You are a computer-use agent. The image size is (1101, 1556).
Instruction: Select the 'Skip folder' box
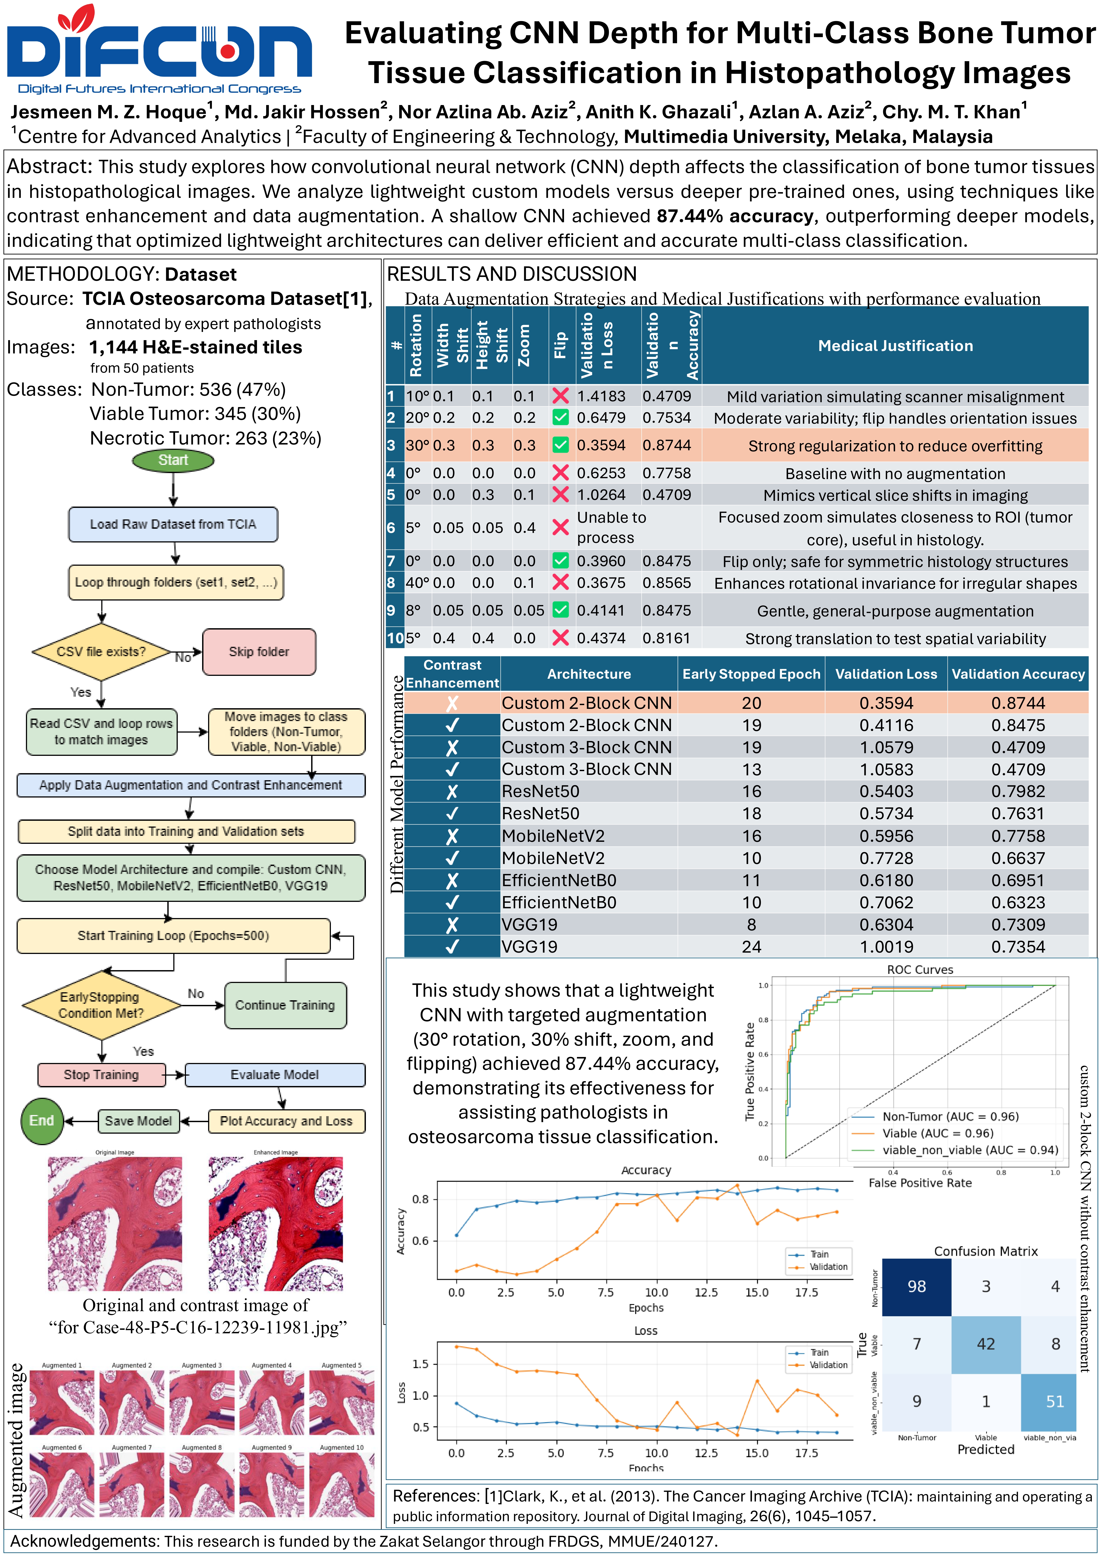point(259,651)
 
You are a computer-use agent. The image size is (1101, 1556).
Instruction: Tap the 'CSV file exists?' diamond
point(101,651)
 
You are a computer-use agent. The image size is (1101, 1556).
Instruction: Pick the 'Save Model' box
point(138,1121)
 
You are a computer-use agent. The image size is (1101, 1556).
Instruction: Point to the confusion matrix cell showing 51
point(1055,1402)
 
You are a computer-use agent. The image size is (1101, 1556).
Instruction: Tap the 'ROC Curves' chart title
point(920,970)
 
